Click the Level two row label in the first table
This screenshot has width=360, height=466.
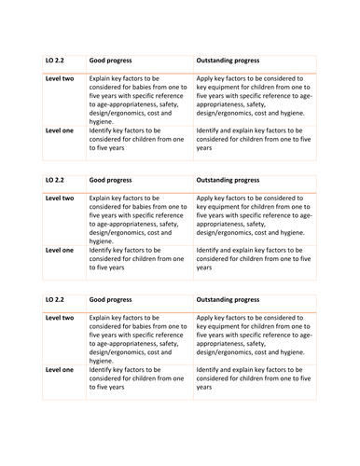[x=60, y=79]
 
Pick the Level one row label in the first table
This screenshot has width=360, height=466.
[x=60, y=130]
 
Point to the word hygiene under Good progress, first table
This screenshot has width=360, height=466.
[x=101, y=120]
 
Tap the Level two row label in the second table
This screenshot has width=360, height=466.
[x=60, y=199]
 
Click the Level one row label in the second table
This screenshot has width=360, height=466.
[x=60, y=249]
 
